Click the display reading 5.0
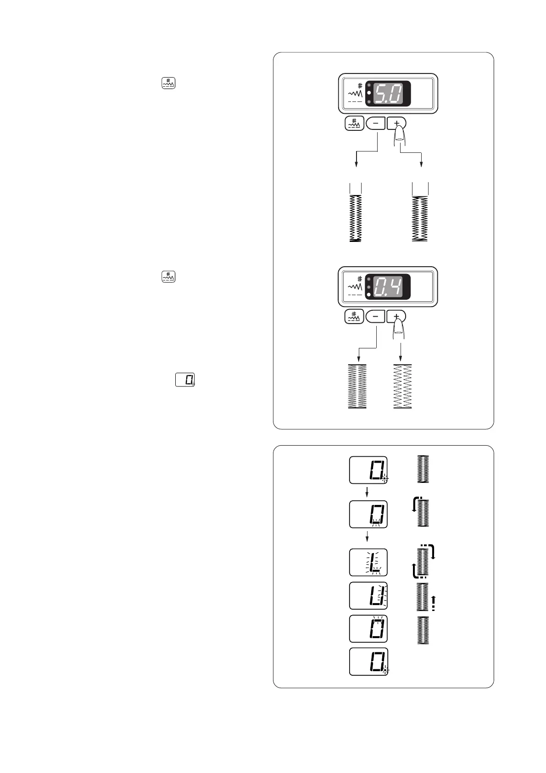coord(388,95)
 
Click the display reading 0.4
coord(388,288)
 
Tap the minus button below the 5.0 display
coord(376,123)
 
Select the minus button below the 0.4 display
coord(376,317)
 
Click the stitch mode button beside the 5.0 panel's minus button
coord(354,123)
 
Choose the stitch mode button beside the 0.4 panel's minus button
coord(354,317)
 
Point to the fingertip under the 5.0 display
coord(400,135)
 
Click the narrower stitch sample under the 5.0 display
coord(356,218)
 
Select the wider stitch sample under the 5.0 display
coord(420,218)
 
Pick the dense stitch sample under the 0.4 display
coord(357,386)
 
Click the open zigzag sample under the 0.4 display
coord(402,386)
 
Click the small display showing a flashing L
coord(368,562)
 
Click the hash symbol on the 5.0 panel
coord(360,86)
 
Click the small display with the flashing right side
coord(368,596)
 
